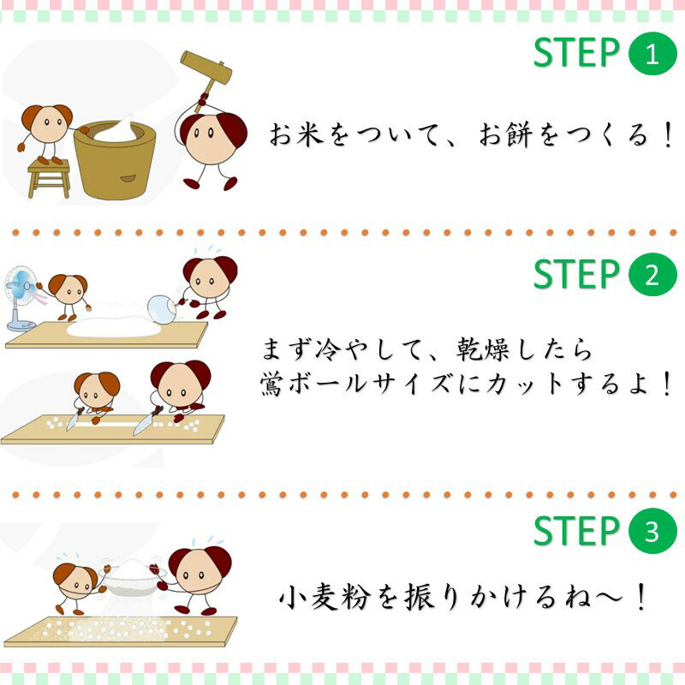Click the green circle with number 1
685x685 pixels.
[652, 54]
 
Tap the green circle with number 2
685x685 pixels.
[652, 274]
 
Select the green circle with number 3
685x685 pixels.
[652, 531]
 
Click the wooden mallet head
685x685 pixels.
[206, 68]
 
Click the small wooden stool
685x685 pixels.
[49, 178]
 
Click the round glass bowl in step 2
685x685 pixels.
[162, 309]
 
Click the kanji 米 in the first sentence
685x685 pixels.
[310, 134]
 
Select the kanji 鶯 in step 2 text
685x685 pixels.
[272, 384]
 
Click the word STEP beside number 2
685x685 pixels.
[576, 274]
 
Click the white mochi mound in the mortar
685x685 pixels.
[116, 129]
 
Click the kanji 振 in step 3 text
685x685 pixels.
[420, 597]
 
